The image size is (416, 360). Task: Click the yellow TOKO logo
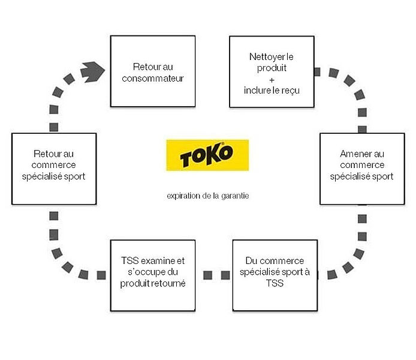click(x=207, y=155)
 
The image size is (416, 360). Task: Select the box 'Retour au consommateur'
click(x=153, y=71)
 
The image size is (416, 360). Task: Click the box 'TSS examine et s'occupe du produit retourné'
click(x=153, y=275)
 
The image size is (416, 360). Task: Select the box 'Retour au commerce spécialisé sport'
click(x=54, y=169)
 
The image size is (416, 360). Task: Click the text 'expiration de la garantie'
click(x=207, y=196)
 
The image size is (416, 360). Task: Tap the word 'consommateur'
click(x=152, y=78)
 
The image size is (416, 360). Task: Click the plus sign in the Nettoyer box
click(x=271, y=79)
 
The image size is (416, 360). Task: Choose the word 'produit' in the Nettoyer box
click(x=272, y=68)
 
